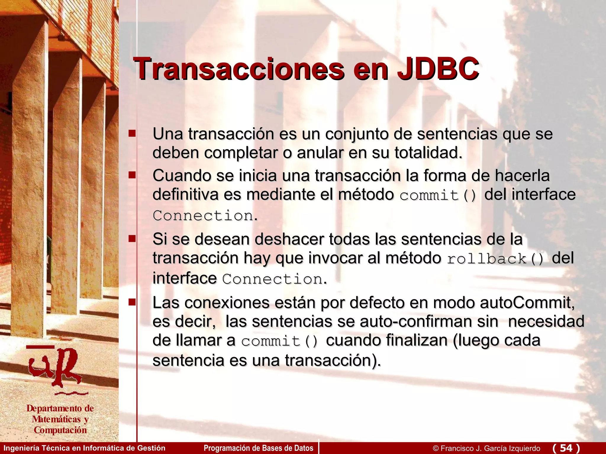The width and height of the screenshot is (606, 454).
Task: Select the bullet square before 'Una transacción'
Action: tap(132, 133)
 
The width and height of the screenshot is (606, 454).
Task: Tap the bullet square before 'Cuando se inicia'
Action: tap(132, 175)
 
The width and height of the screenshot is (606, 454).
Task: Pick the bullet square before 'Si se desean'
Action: tap(132, 238)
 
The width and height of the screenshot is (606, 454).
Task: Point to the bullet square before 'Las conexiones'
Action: tap(132, 302)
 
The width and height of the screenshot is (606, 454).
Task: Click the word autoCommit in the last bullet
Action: tap(526, 303)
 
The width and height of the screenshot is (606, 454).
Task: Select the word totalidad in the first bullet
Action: tap(428, 153)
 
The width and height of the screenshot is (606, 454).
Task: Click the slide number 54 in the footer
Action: tap(566, 448)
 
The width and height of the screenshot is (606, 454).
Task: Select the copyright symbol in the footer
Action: tap(436, 448)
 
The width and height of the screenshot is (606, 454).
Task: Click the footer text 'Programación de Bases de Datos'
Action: tap(258, 448)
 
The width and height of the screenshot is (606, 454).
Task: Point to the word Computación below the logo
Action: tap(60, 430)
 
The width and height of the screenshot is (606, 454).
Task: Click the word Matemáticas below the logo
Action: tap(57, 419)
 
